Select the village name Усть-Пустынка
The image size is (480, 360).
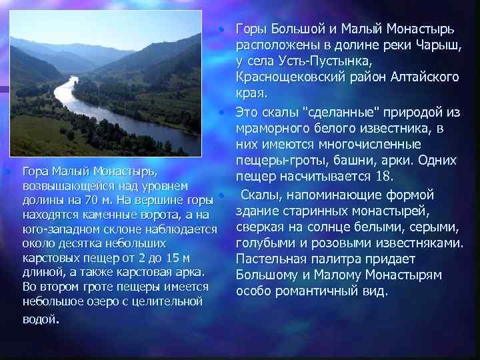309,61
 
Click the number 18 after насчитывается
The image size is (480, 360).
388,177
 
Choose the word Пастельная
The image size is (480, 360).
269,259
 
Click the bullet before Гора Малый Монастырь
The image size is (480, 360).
7,172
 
